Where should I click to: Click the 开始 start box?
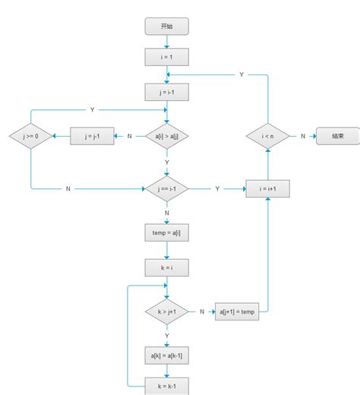click(x=166, y=26)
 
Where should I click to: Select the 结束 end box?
click(x=338, y=136)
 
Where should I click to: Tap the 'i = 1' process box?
click(x=166, y=57)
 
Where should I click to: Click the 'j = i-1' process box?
click(x=166, y=92)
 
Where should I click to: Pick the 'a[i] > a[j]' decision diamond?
click(x=166, y=136)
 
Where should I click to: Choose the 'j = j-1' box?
click(x=92, y=136)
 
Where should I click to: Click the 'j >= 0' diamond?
click(x=30, y=136)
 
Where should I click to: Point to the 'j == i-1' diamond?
click(x=166, y=188)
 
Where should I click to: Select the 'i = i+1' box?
click(x=268, y=188)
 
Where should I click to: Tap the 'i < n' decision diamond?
click(x=268, y=136)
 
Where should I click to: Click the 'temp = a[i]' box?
click(x=166, y=232)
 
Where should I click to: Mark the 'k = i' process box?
click(x=166, y=267)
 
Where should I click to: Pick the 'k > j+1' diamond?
click(x=166, y=311)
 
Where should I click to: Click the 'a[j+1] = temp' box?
click(x=237, y=311)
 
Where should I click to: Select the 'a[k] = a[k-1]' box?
click(x=166, y=355)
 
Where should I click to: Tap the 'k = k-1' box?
click(x=166, y=386)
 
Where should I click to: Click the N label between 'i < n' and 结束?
click(x=303, y=136)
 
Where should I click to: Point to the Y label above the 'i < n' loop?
click(x=242, y=74)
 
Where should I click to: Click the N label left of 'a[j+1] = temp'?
click(x=202, y=311)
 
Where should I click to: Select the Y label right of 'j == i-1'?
click(x=217, y=188)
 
